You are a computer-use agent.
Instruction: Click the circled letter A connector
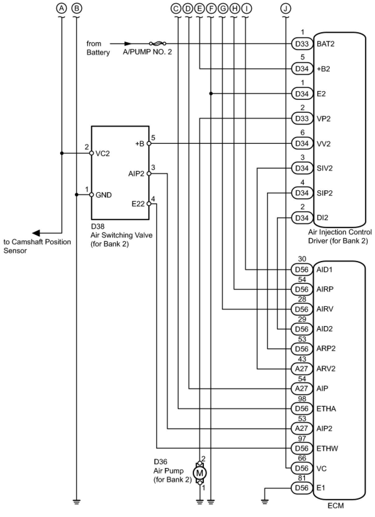tap(61, 9)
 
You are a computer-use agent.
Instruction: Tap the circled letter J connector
tap(285, 9)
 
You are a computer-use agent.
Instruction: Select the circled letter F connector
tap(211, 9)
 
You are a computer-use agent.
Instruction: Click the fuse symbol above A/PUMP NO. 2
tap(157, 43)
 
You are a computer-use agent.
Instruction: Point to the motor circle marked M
tap(200, 473)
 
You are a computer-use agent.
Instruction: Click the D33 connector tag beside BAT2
tap(302, 44)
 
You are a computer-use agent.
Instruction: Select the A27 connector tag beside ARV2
tap(302, 369)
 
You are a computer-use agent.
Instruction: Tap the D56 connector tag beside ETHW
tap(302, 448)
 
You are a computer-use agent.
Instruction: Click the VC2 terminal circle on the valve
tap(91, 153)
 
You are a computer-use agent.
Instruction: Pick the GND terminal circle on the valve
tap(91, 195)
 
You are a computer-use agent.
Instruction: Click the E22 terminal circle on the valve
tap(149, 204)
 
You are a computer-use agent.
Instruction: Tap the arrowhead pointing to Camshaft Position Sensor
tap(37, 233)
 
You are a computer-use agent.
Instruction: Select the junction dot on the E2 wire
tap(211, 94)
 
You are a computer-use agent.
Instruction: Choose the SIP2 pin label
tap(325, 193)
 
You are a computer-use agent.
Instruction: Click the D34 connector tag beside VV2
tap(302, 143)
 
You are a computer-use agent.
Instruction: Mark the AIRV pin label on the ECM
tap(325, 309)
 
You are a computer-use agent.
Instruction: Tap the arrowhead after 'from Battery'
tap(128, 43)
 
